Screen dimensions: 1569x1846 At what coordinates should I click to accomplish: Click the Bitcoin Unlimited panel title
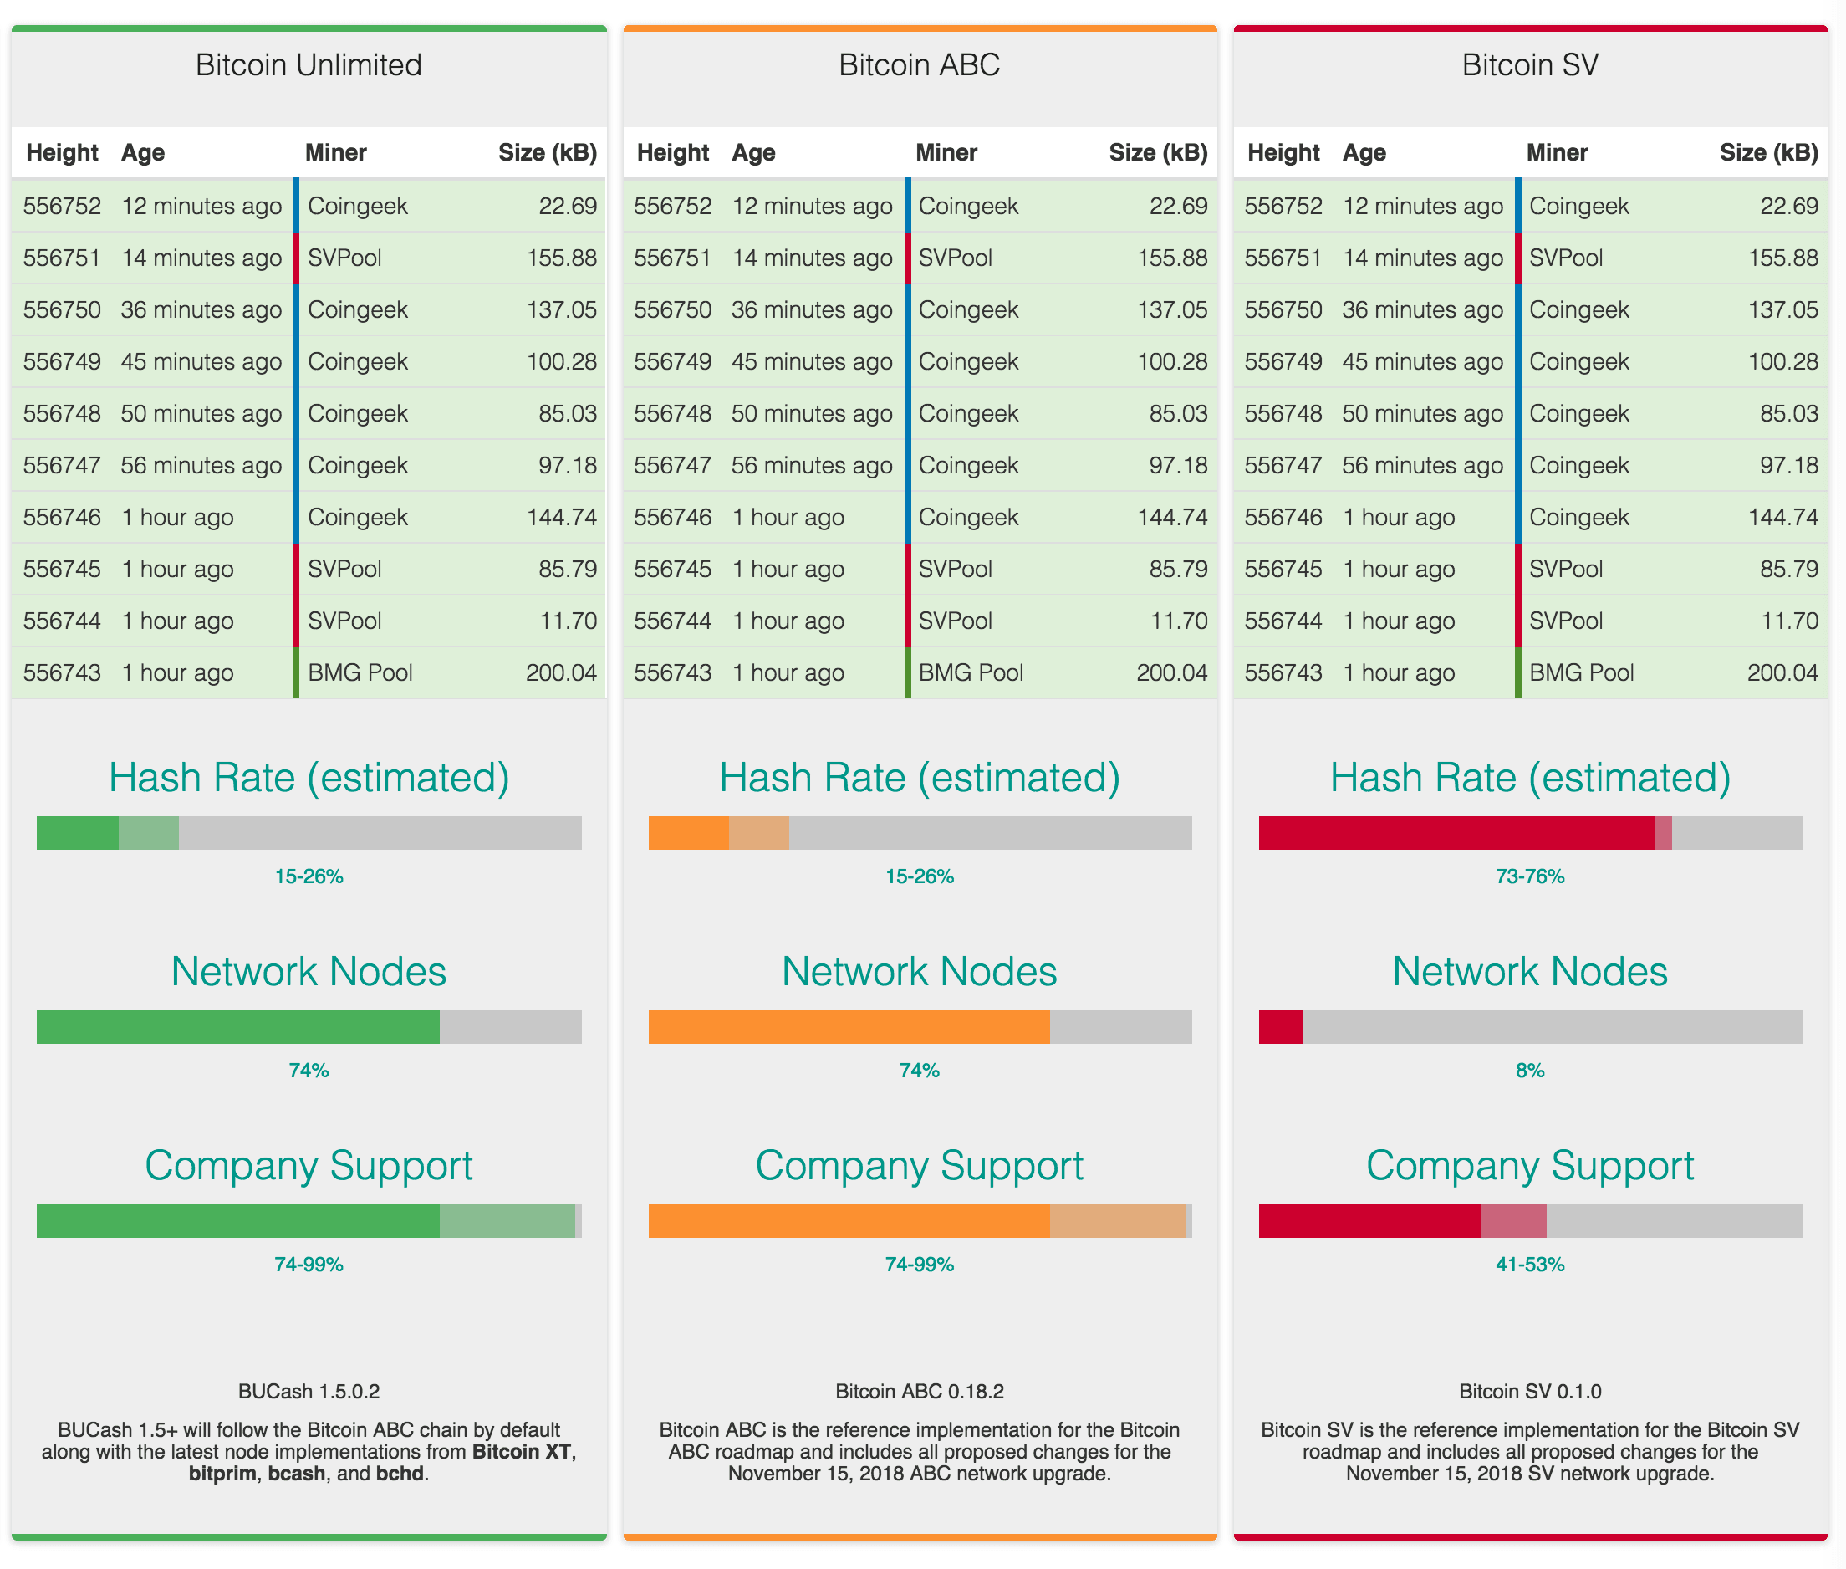(x=309, y=65)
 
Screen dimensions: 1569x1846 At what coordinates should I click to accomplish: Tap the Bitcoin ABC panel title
(x=919, y=65)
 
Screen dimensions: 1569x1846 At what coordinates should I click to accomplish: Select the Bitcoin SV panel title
(x=1529, y=65)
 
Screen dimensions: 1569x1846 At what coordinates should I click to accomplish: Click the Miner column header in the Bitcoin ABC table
(x=946, y=153)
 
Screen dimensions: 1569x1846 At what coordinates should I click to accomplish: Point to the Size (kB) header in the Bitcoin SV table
(x=1767, y=153)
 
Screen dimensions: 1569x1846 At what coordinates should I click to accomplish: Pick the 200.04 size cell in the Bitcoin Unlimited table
(x=561, y=672)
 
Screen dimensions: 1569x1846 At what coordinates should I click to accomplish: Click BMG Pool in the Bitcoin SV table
(x=1581, y=672)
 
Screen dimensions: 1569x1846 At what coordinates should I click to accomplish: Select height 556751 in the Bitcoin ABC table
(x=672, y=258)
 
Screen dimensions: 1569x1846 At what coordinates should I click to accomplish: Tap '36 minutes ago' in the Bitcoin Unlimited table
(x=201, y=309)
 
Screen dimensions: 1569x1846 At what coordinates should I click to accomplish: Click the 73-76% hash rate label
(x=1529, y=876)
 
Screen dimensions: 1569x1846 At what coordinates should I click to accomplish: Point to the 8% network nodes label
(x=1529, y=1070)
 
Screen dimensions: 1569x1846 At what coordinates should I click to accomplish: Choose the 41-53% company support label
(x=1529, y=1264)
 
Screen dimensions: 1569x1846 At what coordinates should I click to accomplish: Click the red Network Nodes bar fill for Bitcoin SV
(x=1281, y=1026)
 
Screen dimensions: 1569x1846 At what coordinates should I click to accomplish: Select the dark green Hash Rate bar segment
(x=78, y=832)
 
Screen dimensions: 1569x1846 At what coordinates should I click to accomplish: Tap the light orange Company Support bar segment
(x=1117, y=1220)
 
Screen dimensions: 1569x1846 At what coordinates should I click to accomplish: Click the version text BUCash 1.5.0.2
(x=309, y=1391)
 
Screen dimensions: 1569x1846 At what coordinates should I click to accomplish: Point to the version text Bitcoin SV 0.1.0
(x=1529, y=1391)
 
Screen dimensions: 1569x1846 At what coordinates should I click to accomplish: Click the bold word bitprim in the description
(x=222, y=1474)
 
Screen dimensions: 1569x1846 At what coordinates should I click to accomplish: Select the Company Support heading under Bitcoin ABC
(x=919, y=1165)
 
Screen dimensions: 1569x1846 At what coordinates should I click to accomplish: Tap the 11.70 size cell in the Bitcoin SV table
(x=1789, y=621)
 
